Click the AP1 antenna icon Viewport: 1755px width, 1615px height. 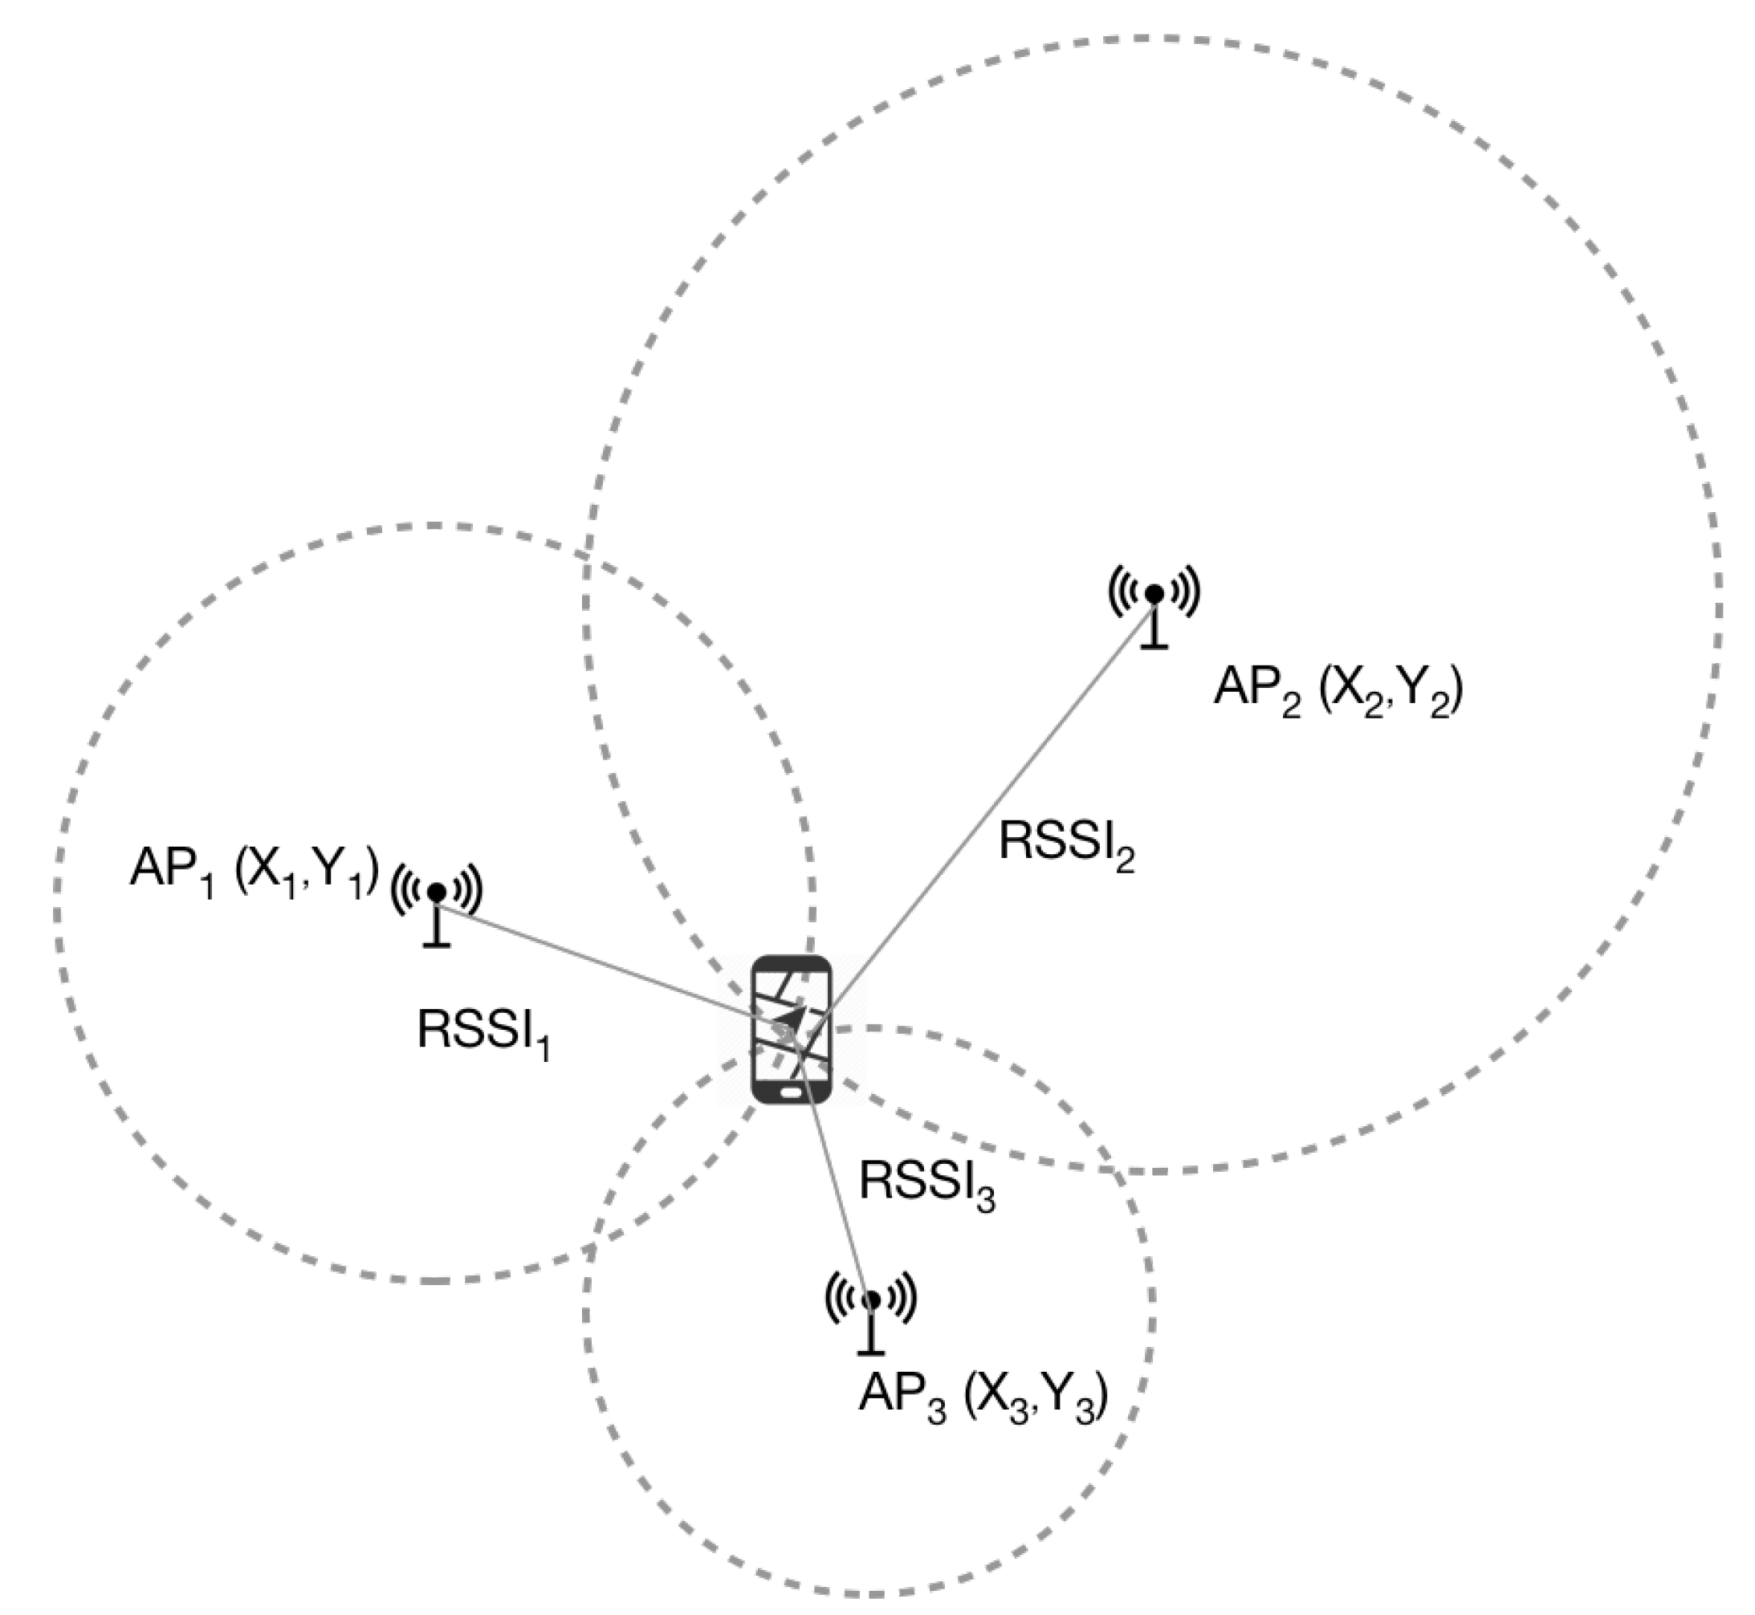click(436, 905)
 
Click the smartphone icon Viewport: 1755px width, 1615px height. click(792, 1030)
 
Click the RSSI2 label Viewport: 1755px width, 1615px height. click(1065, 845)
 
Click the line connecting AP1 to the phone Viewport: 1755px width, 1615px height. click(603, 961)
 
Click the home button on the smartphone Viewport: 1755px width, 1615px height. click(791, 1092)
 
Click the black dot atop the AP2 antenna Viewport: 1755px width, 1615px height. click(1154, 594)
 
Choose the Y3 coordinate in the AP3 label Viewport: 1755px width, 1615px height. click(1075, 1400)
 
